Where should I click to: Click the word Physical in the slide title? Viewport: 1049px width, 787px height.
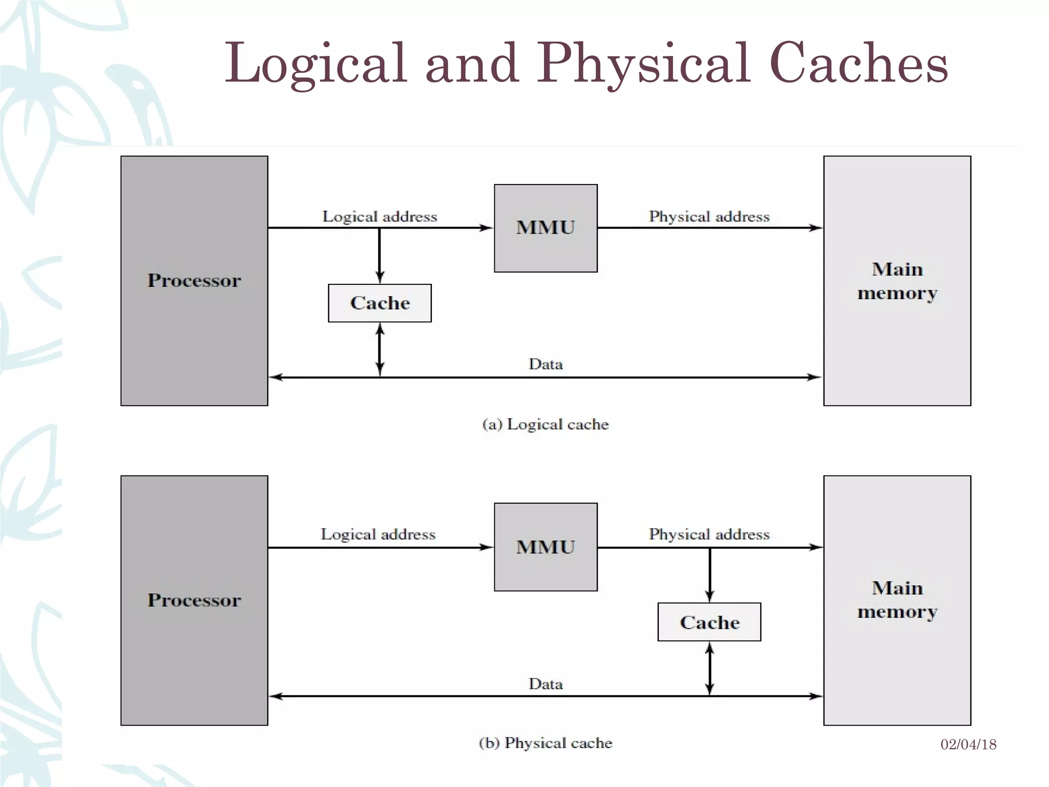(643, 64)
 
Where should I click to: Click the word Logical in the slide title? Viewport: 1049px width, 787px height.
(316, 64)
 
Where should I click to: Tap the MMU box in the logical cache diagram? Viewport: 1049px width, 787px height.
(546, 228)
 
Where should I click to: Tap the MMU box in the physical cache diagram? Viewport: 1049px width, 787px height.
(546, 547)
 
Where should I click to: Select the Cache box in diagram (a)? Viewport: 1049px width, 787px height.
(380, 303)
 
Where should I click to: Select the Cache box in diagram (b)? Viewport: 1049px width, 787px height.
(709, 623)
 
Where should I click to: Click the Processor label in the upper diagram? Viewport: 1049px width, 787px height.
(194, 280)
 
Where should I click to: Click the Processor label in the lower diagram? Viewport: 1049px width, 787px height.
(194, 600)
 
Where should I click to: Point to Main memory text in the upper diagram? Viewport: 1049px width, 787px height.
(897, 281)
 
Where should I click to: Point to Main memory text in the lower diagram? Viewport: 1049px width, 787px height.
(897, 599)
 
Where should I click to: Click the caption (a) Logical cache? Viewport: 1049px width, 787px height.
(546, 424)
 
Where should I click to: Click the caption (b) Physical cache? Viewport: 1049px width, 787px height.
(546, 743)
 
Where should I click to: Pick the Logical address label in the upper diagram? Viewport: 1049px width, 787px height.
(380, 216)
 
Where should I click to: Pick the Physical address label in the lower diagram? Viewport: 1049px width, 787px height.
(709, 534)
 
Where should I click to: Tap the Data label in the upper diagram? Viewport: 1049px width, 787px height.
(546, 364)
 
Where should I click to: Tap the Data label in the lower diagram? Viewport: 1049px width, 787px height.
(546, 684)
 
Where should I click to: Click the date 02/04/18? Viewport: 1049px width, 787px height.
(968, 744)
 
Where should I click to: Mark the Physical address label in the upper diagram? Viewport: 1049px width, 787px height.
(709, 216)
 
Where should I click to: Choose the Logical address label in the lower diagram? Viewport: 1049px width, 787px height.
(378, 534)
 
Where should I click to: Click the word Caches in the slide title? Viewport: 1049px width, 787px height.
(858, 64)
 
